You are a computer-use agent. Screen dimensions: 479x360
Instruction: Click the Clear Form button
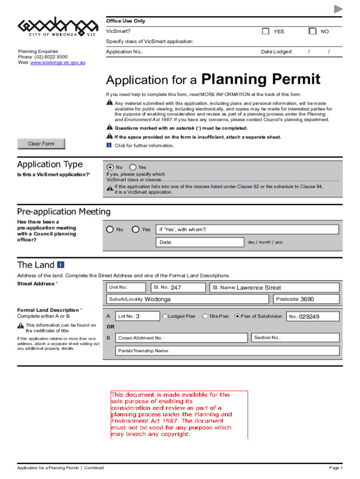[41, 144]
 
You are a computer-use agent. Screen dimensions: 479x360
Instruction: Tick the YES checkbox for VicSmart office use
[266, 31]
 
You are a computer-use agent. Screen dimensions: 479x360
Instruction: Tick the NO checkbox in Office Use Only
[312, 31]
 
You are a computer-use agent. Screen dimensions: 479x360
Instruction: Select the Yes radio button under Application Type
[133, 167]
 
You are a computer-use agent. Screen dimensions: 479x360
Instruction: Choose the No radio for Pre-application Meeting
[110, 229]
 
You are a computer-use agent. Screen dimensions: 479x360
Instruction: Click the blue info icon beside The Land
[61, 265]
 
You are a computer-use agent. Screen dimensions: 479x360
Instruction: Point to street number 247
[176, 288]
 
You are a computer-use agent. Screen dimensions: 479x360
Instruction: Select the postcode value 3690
[307, 299]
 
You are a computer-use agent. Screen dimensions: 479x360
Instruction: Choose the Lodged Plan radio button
[165, 316]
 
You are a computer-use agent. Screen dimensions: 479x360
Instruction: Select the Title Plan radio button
[205, 316]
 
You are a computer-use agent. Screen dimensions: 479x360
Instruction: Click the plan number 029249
[310, 317]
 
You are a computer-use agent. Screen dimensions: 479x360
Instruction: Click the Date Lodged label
[276, 51]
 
